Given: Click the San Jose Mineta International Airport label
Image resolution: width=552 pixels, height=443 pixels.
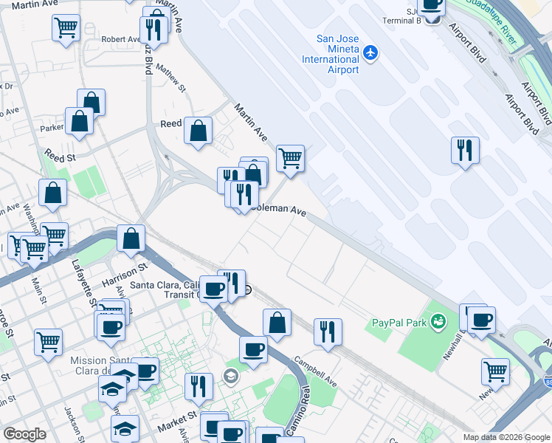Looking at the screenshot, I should click(x=337, y=54).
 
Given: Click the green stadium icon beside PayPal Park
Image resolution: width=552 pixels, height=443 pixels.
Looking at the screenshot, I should click(x=440, y=321).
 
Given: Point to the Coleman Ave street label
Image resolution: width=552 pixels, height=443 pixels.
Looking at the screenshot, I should click(x=278, y=210).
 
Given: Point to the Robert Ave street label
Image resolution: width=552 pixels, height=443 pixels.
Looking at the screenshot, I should click(x=121, y=39).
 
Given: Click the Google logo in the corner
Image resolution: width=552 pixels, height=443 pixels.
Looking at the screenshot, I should click(x=24, y=434).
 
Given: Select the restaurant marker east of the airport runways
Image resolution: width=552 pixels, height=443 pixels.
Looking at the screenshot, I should click(x=465, y=150).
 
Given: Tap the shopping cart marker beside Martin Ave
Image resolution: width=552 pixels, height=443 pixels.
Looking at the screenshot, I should click(x=291, y=157).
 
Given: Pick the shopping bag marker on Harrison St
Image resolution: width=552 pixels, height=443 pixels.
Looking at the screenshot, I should click(x=131, y=238).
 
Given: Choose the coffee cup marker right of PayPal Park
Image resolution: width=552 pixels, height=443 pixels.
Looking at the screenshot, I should click(x=482, y=320).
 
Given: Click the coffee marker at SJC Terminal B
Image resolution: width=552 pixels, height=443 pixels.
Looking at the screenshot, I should click(x=431, y=6).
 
